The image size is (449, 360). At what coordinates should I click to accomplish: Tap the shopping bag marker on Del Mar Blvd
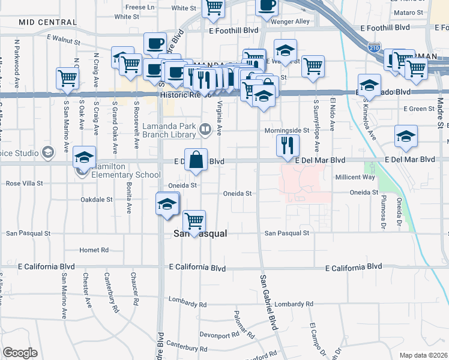coord(196,161)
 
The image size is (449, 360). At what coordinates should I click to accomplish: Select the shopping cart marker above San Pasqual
coord(194,222)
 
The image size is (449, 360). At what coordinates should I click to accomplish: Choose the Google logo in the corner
coord(20,352)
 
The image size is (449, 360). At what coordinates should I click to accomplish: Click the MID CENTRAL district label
coord(47,22)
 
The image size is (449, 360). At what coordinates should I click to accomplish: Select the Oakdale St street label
coord(97,199)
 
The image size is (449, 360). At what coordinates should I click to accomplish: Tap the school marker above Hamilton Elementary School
coord(85,158)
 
